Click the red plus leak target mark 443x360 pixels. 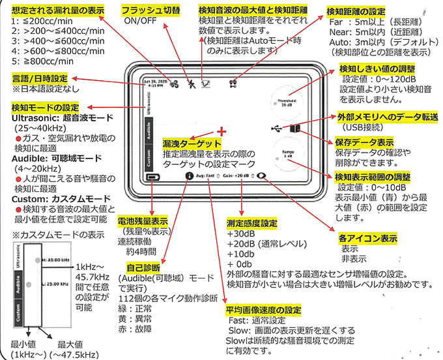click(x=222, y=130)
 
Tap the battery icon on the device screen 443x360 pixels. click(x=153, y=177)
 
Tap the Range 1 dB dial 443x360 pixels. click(x=287, y=156)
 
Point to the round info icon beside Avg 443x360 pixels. click(x=189, y=176)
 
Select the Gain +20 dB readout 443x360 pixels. click(x=236, y=176)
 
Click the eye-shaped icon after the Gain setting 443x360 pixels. click(x=262, y=176)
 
